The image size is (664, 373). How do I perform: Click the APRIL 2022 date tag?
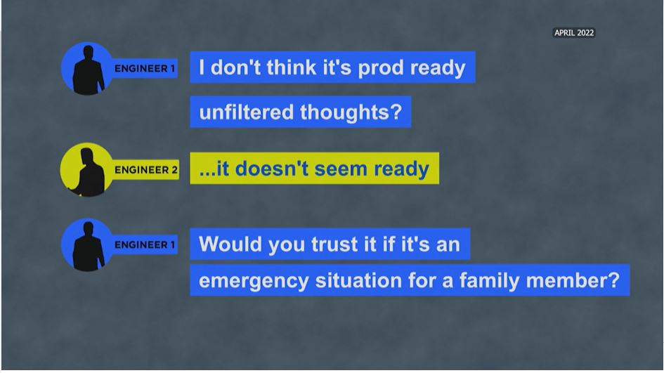(574, 32)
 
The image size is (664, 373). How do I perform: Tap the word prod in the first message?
(381, 67)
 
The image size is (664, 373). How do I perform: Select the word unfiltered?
(246, 112)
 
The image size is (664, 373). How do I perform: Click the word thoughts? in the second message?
(351, 112)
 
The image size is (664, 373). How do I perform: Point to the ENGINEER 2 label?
(146, 170)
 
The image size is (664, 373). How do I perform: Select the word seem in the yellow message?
(341, 169)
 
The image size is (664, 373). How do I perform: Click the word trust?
(329, 244)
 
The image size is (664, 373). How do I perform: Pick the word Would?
(230, 244)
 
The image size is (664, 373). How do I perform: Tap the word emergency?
(254, 281)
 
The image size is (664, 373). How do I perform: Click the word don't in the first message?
(235, 67)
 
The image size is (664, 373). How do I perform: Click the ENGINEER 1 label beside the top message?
(145, 69)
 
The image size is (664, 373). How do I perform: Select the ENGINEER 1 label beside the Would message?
(145, 244)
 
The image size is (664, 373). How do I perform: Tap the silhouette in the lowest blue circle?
(88, 246)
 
